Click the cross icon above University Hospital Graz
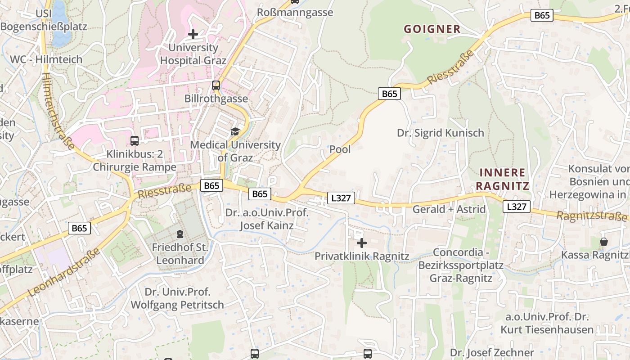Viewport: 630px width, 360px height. pyautogui.click(x=193, y=34)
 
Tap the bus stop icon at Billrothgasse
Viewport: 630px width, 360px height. pyautogui.click(x=216, y=85)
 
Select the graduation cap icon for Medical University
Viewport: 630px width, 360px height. pyautogui.click(x=235, y=131)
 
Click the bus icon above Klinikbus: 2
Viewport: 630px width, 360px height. pyautogui.click(x=135, y=141)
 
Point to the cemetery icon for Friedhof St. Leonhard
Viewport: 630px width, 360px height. pyautogui.click(x=180, y=234)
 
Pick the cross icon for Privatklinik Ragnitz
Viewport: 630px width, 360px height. pyautogui.click(x=362, y=243)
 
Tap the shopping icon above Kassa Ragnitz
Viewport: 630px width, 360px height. pyautogui.click(x=603, y=242)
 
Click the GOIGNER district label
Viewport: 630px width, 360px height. pyautogui.click(x=432, y=29)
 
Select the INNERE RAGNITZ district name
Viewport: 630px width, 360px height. pyautogui.click(x=502, y=179)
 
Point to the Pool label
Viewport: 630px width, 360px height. pyautogui.click(x=340, y=149)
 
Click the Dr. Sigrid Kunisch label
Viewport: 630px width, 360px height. pyautogui.click(x=441, y=133)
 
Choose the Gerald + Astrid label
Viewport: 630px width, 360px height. pyautogui.click(x=449, y=209)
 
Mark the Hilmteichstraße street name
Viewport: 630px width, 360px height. pyautogui.click(x=58, y=111)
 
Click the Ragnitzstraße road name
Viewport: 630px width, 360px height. pyautogui.click(x=591, y=216)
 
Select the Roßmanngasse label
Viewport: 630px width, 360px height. pyautogui.click(x=295, y=12)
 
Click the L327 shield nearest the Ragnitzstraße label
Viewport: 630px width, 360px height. pyautogui.click(x=516, y=207)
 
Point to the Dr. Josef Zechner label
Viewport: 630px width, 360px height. pyautogui.click(x=492, y=352)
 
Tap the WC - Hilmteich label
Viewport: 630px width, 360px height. pyautogui.click(x=46, y=59)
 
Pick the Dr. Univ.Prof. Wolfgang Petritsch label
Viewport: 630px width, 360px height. pyautogui.click(x=177, y=298)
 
